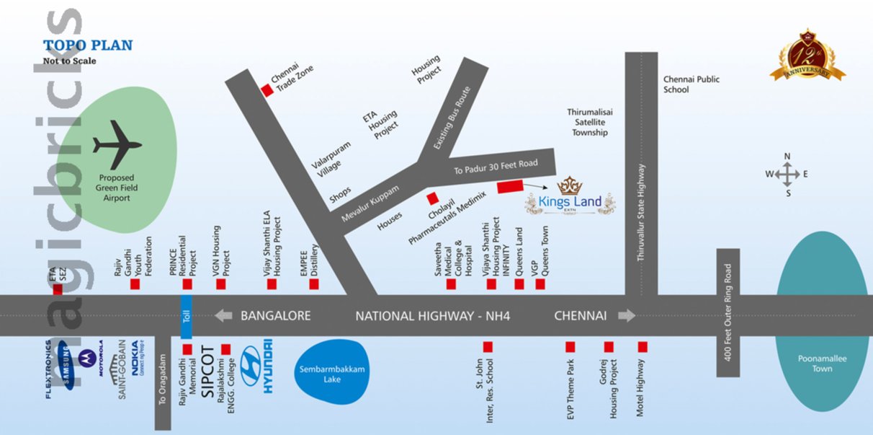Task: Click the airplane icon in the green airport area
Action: pos(117,146)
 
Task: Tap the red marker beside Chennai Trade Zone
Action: pos(267,90)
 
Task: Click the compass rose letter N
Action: pos(787,157)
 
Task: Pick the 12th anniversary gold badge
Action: pos(807,56)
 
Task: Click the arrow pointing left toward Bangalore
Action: pos(223,315)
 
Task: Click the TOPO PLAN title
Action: pos(88,45)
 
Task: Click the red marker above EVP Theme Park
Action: pos(570,347)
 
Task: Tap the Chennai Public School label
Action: pos(691,84)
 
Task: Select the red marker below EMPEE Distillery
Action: pos(314,285)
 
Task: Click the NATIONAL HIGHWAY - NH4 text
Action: pos(433,316)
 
